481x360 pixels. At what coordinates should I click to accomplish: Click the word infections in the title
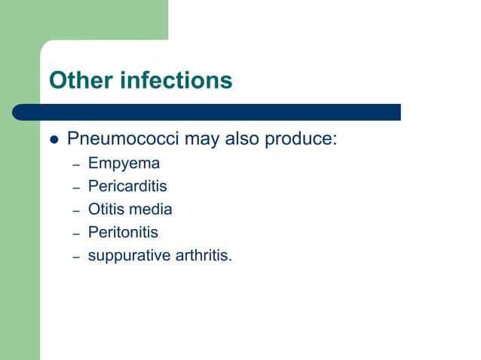(x=175, y=81)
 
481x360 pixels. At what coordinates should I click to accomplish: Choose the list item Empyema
(x=124, y=163)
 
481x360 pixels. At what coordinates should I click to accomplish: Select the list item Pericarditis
(x=127, y=186)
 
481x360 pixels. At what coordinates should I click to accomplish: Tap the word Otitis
(x=105, y=209)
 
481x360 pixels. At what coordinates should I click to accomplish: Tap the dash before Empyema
(x=75, y=165)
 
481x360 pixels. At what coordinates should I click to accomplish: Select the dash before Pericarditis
(x=75, y=188)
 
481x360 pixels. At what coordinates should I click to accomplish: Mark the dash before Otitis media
(x=75, y=211)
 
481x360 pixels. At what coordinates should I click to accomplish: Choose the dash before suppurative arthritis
(x=75, y=258)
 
